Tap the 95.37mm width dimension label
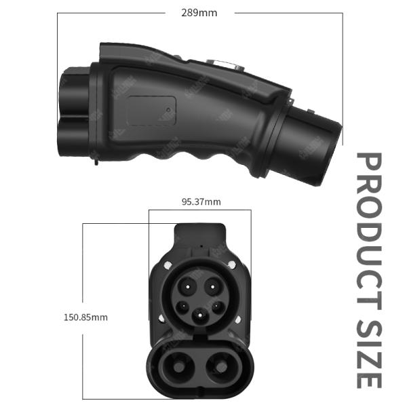coord(201,201)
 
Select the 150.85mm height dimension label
coord(85,317)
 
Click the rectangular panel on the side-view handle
coord(152,110)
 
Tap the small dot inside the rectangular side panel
coord(168,107)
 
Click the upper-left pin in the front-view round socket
coord(189,287)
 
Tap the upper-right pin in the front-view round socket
coord(212,287)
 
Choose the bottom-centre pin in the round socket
coord(200,315)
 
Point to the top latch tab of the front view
coord(200,235)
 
